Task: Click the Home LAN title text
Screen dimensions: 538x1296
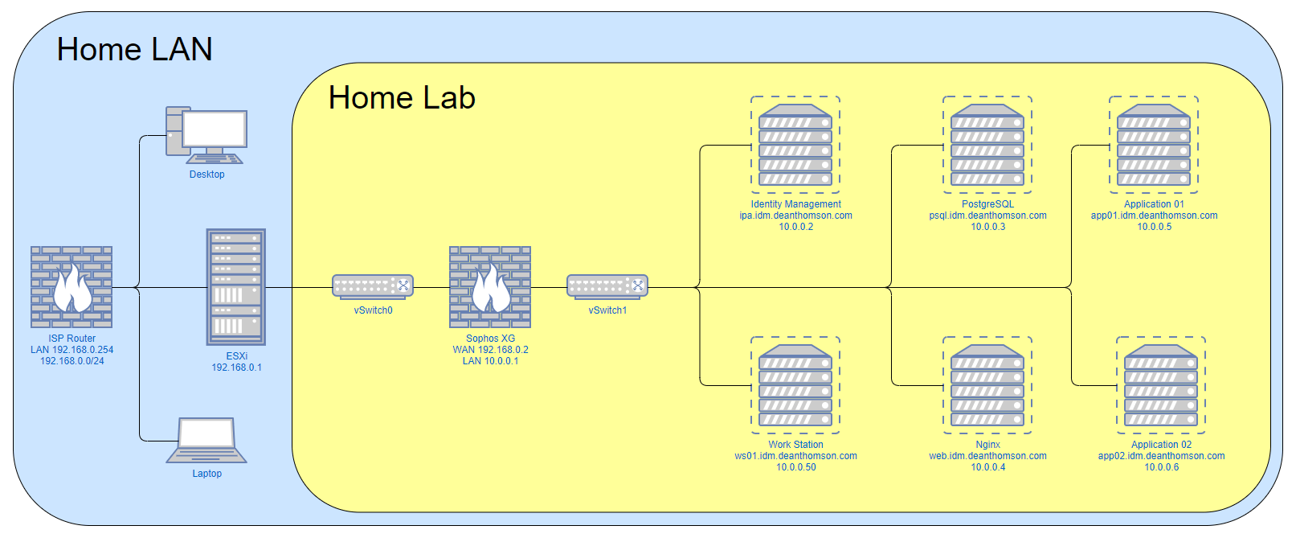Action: (134, 50)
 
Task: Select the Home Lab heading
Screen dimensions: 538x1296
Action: (402, 98)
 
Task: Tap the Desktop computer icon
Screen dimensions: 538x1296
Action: (206, 135)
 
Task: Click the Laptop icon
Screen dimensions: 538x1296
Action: (206, 440)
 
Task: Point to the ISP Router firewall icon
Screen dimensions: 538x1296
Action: (72, 287)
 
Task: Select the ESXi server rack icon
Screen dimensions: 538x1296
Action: (236, 286)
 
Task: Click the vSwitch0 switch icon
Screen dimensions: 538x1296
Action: (373, 285)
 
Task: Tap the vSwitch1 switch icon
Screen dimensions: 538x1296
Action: (607, 285)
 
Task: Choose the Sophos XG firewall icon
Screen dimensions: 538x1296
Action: (490, 287)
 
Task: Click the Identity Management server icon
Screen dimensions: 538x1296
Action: (795, 145)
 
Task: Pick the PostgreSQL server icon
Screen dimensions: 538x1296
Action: (987, 145)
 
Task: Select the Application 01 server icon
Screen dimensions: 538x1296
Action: (1154, 145)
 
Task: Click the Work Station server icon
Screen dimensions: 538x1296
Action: (795, 385)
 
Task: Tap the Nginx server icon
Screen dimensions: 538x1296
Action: (987, 385)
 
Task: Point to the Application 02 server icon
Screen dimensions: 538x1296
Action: (1161, 385)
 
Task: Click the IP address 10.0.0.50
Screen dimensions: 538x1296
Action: (795, 467)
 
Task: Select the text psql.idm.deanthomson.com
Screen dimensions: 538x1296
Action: (987, 216)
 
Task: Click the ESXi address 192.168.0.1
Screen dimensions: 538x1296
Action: (236, 368)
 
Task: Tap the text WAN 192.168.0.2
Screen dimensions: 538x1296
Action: (490, 350)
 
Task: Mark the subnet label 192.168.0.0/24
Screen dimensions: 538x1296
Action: (72, 361)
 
